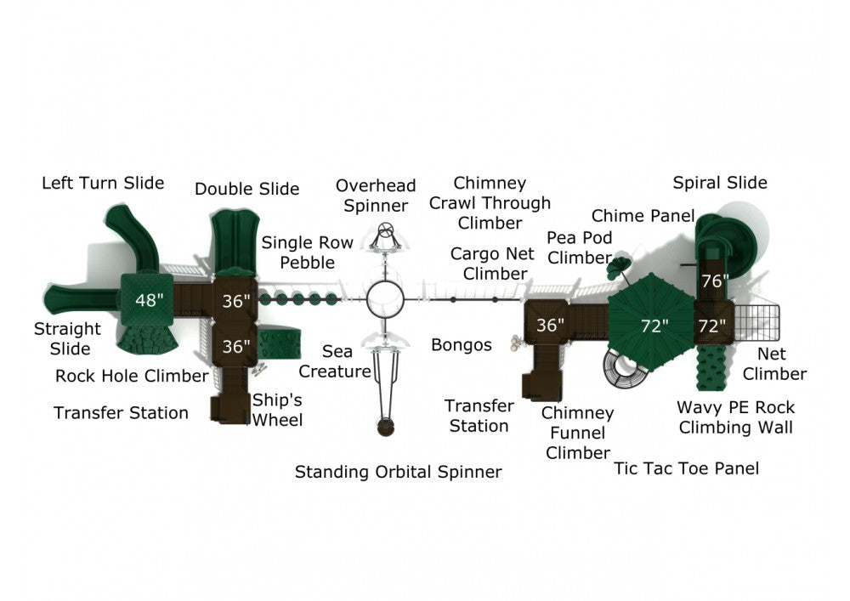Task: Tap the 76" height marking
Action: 715,281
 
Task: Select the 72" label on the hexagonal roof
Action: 654,325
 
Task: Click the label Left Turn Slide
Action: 103,183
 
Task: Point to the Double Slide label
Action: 246,189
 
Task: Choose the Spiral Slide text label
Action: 720,183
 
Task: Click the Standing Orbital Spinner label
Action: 398,471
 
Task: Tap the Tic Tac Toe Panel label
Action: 687,468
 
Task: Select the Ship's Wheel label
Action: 277,410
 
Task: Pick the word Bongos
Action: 462,344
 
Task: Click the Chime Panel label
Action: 643,216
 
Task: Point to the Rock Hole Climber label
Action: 132,375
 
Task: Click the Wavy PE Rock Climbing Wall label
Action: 735,417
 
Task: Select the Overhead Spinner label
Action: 376,196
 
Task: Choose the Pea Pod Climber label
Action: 580,247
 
